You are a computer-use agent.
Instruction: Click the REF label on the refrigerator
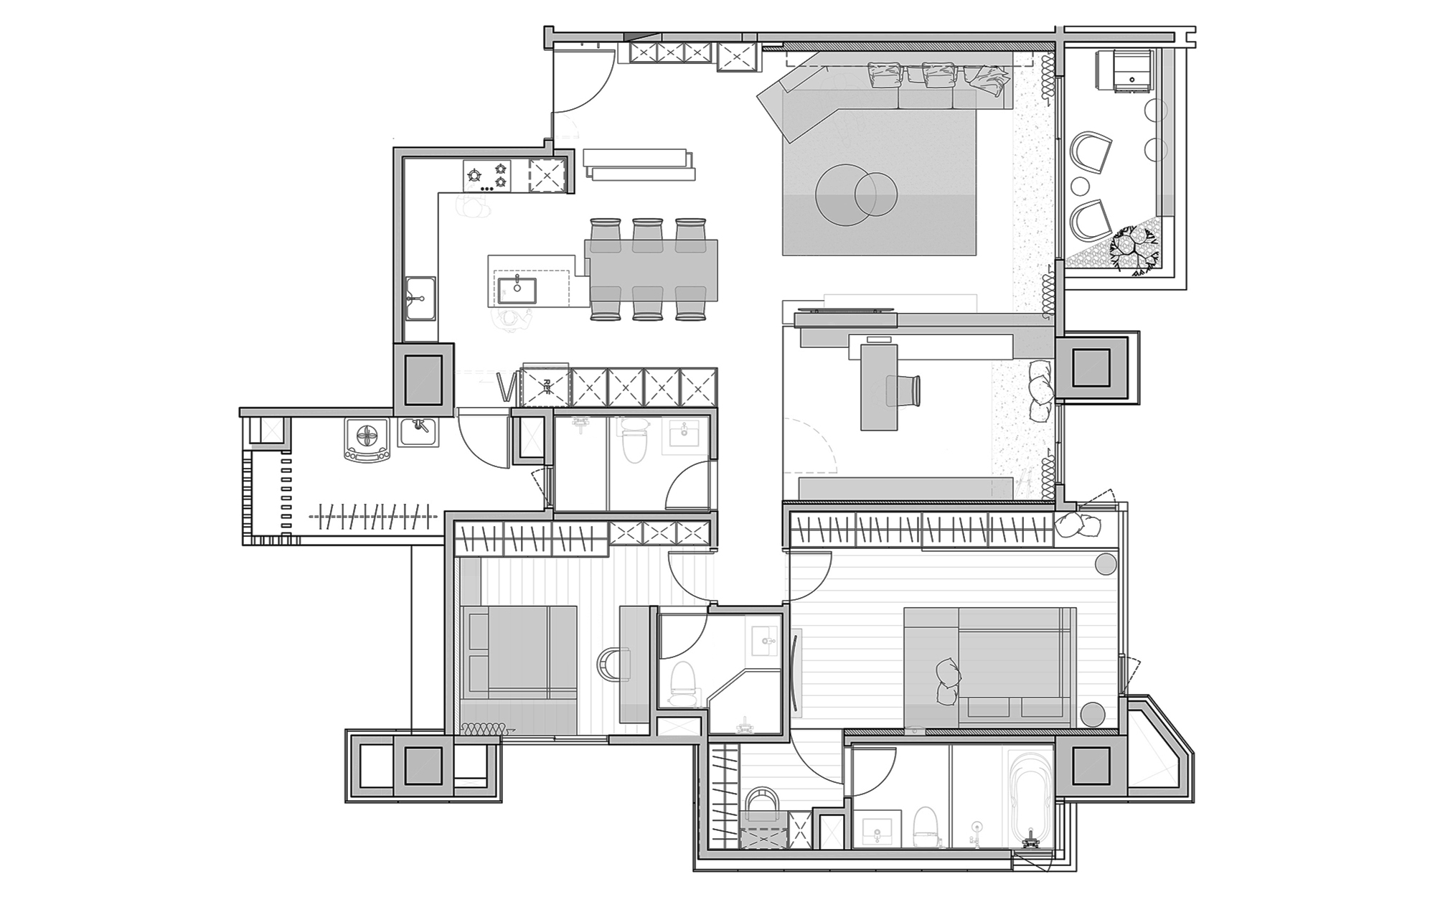point(545,388)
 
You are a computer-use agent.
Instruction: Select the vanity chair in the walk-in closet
point(762,804)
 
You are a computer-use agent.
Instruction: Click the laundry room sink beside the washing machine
point(418,432)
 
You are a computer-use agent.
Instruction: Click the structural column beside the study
point(1092,367)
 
